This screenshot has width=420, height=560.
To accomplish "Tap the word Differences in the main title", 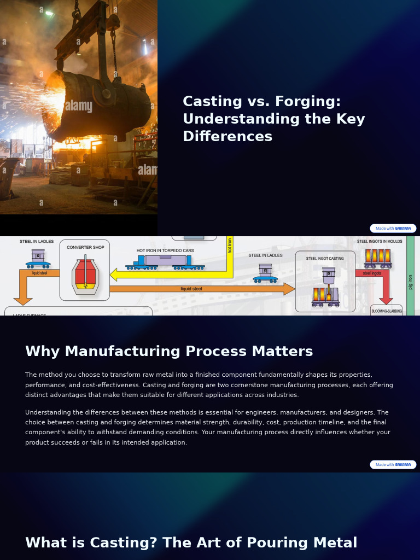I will (227, 137).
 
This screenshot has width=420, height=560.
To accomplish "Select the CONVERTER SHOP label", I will (85, 248).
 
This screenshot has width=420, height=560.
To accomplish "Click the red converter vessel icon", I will (85, 275).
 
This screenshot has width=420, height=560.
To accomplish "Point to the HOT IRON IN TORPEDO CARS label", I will (165, 251).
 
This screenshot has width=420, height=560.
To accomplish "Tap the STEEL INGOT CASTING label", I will (325, 258).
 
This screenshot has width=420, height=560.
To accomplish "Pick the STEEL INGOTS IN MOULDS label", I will (380, 241).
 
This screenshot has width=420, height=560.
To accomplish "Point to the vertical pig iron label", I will (411, 282).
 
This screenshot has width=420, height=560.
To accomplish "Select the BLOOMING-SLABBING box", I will (386, 311).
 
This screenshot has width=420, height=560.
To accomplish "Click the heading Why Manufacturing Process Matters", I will (169, 352).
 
